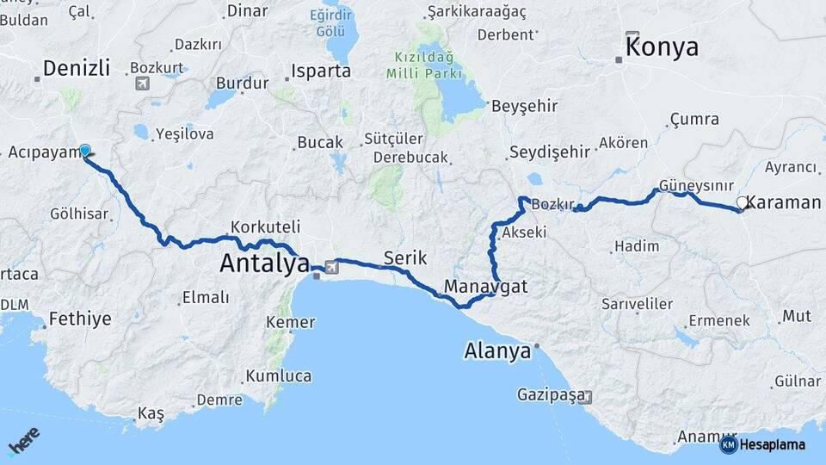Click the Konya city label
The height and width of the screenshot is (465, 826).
[662, 47]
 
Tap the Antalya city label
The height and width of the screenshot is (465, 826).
[263, 263]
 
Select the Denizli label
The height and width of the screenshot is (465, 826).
[77, 68]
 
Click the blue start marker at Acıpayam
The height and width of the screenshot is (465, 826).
[85, 151]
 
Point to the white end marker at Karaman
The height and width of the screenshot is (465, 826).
[742, 203]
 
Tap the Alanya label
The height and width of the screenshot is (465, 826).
[496, 351]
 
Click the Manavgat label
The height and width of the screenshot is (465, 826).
[486, 286]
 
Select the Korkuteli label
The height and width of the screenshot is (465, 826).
[265, 227]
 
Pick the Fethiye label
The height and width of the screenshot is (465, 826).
[80, 319]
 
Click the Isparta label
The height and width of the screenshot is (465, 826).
[321, 71]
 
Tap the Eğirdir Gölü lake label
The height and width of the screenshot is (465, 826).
[336, 23]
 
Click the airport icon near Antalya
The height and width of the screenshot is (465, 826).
[332, 267]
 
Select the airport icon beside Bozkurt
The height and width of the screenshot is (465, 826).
[142, 84]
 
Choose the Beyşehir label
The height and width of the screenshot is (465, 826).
[524, 107]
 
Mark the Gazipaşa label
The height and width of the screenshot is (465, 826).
[550, 395]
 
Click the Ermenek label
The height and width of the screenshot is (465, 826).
[719, 320]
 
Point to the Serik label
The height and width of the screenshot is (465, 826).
[404, 257]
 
